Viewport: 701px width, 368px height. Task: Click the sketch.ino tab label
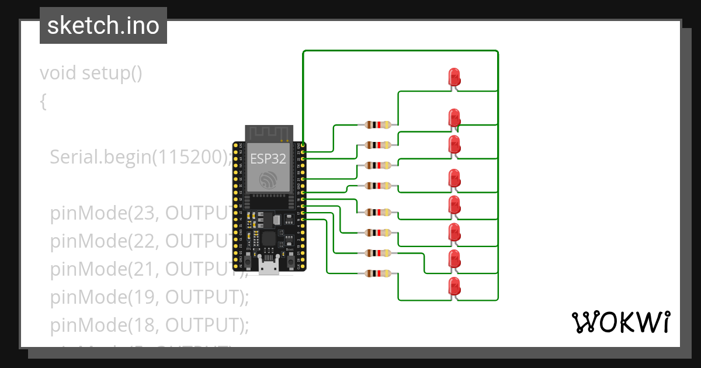pyautogui.click(x=103, y=26)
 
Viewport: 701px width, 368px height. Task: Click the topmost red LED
pyautogui.click(x=454, y=77)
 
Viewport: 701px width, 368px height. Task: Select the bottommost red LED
pyautogui.click(x=454, y=286)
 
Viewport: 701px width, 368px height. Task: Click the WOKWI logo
pyautogui.click(x=620, y=322)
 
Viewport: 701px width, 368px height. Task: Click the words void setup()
pyautogui.click(x=91, y=74)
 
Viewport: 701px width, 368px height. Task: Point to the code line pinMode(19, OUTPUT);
pyautogui.click(x=150, y=297)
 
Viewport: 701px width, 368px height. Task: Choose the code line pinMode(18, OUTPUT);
pyautogui.click(x=150, y=325)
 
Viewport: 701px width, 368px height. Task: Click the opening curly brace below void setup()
pyautogui.click(x=43, y=102)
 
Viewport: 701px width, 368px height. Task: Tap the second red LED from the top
pyautogui.click(x=454, y=117)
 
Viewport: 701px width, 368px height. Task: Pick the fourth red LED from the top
pyautogui.click(x=454, y=178)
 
